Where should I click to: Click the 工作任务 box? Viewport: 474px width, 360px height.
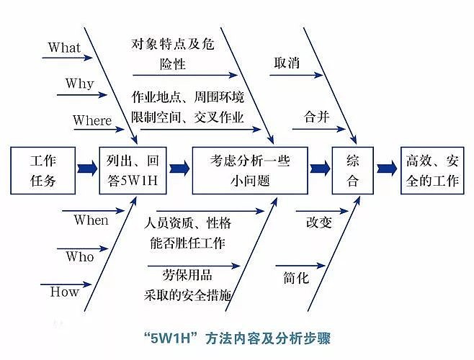[43, 170]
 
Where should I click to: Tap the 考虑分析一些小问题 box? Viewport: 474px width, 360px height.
[250, 170]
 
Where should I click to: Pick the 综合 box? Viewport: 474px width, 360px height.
[352, 170]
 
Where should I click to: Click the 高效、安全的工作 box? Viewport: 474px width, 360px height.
[431, 170]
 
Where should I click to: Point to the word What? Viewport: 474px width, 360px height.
[64, 48]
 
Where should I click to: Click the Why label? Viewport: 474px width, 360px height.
[79, 84]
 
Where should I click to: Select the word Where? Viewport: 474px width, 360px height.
[92, 120]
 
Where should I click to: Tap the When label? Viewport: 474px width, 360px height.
[91, 220]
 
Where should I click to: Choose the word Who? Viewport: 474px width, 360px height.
[79, 256]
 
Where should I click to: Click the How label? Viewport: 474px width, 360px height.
[64, 292]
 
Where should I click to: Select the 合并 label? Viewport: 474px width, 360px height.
[317, 117]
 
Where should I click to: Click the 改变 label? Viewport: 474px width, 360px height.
[318, 222]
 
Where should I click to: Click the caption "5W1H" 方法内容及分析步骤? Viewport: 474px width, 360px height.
[236, 337]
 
